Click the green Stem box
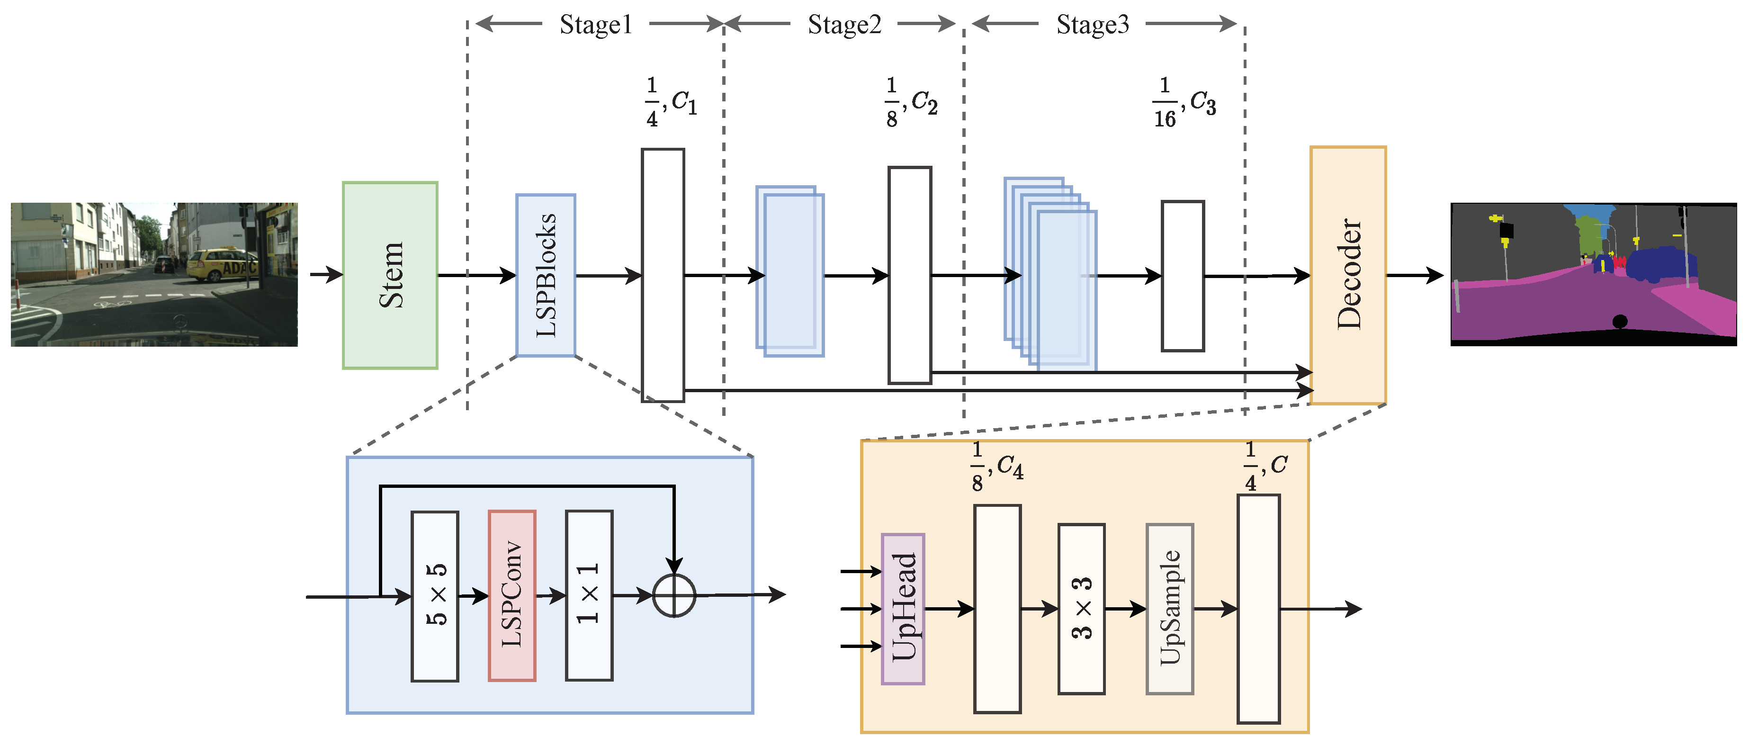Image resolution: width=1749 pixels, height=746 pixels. (x=390, y=275)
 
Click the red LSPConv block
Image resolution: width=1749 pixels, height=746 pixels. (x=511, y=595)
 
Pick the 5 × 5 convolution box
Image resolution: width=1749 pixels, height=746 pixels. (x=435, y=595)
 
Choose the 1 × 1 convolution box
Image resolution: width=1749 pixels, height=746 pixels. (x=589, y=595)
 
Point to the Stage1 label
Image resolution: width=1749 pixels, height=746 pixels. (x=595, y=25)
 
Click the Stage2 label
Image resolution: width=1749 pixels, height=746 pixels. (x=844, y=25)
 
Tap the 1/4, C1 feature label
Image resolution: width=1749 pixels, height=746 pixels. (x=670, y=102)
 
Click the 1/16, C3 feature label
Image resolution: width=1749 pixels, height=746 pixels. (x=1184, y=102)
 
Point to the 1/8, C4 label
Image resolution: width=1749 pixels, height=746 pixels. (x=996, y=467)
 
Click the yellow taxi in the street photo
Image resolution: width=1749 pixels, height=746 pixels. (x=221, y=265)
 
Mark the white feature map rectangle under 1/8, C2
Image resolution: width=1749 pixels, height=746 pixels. (x=909, y=275)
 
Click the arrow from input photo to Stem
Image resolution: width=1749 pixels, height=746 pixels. (x=326, y=275)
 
